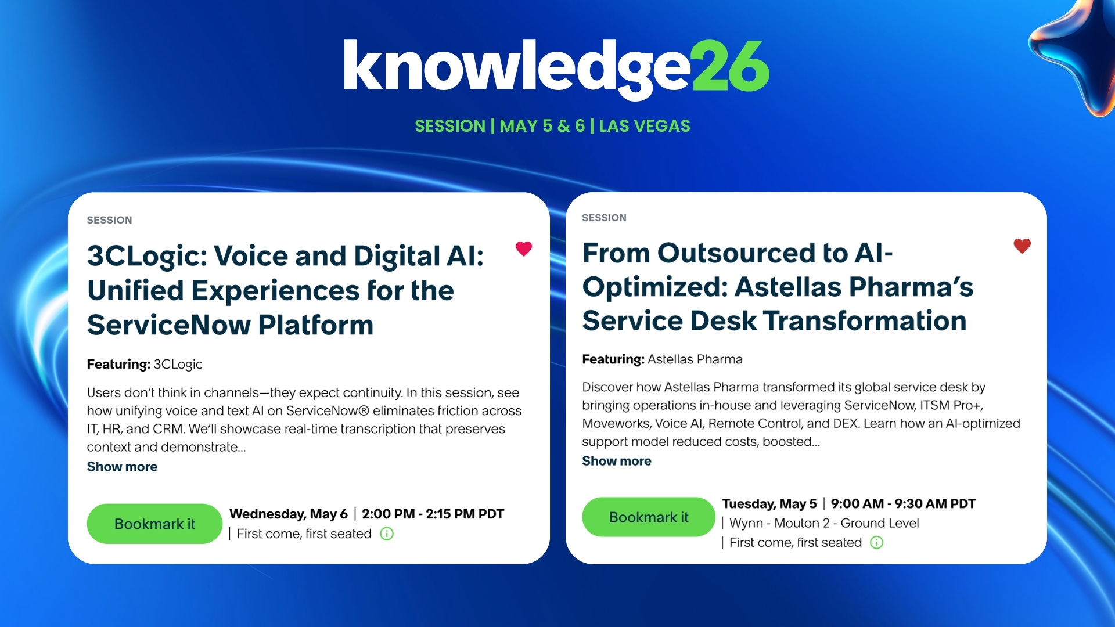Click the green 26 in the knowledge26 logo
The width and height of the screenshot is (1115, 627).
coord(731,66)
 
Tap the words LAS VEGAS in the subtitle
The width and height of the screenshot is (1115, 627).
coord(645,126)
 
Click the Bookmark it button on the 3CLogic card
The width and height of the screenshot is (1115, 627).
coord(154,524)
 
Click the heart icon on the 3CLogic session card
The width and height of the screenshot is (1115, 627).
coord(524,249)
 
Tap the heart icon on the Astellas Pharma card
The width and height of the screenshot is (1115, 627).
coord(1022,246)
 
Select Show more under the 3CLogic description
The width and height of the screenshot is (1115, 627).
coord(122,467)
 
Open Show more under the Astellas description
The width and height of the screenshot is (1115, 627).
coord(617,461)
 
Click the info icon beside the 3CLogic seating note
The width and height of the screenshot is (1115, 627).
coord(387,534)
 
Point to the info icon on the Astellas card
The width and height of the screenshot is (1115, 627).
coord(877,542)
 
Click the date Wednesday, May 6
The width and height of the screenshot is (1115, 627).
coord(289,514)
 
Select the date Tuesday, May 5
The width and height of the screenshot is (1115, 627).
coord(769,503)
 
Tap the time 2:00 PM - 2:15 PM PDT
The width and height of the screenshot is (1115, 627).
coord(433,514)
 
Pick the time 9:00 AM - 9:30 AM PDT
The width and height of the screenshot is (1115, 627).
coord(903,503)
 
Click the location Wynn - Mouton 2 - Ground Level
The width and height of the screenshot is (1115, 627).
coord(824,523)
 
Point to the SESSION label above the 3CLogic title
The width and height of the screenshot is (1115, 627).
coord(109,220)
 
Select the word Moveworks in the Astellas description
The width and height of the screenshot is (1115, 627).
coord(615,423)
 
